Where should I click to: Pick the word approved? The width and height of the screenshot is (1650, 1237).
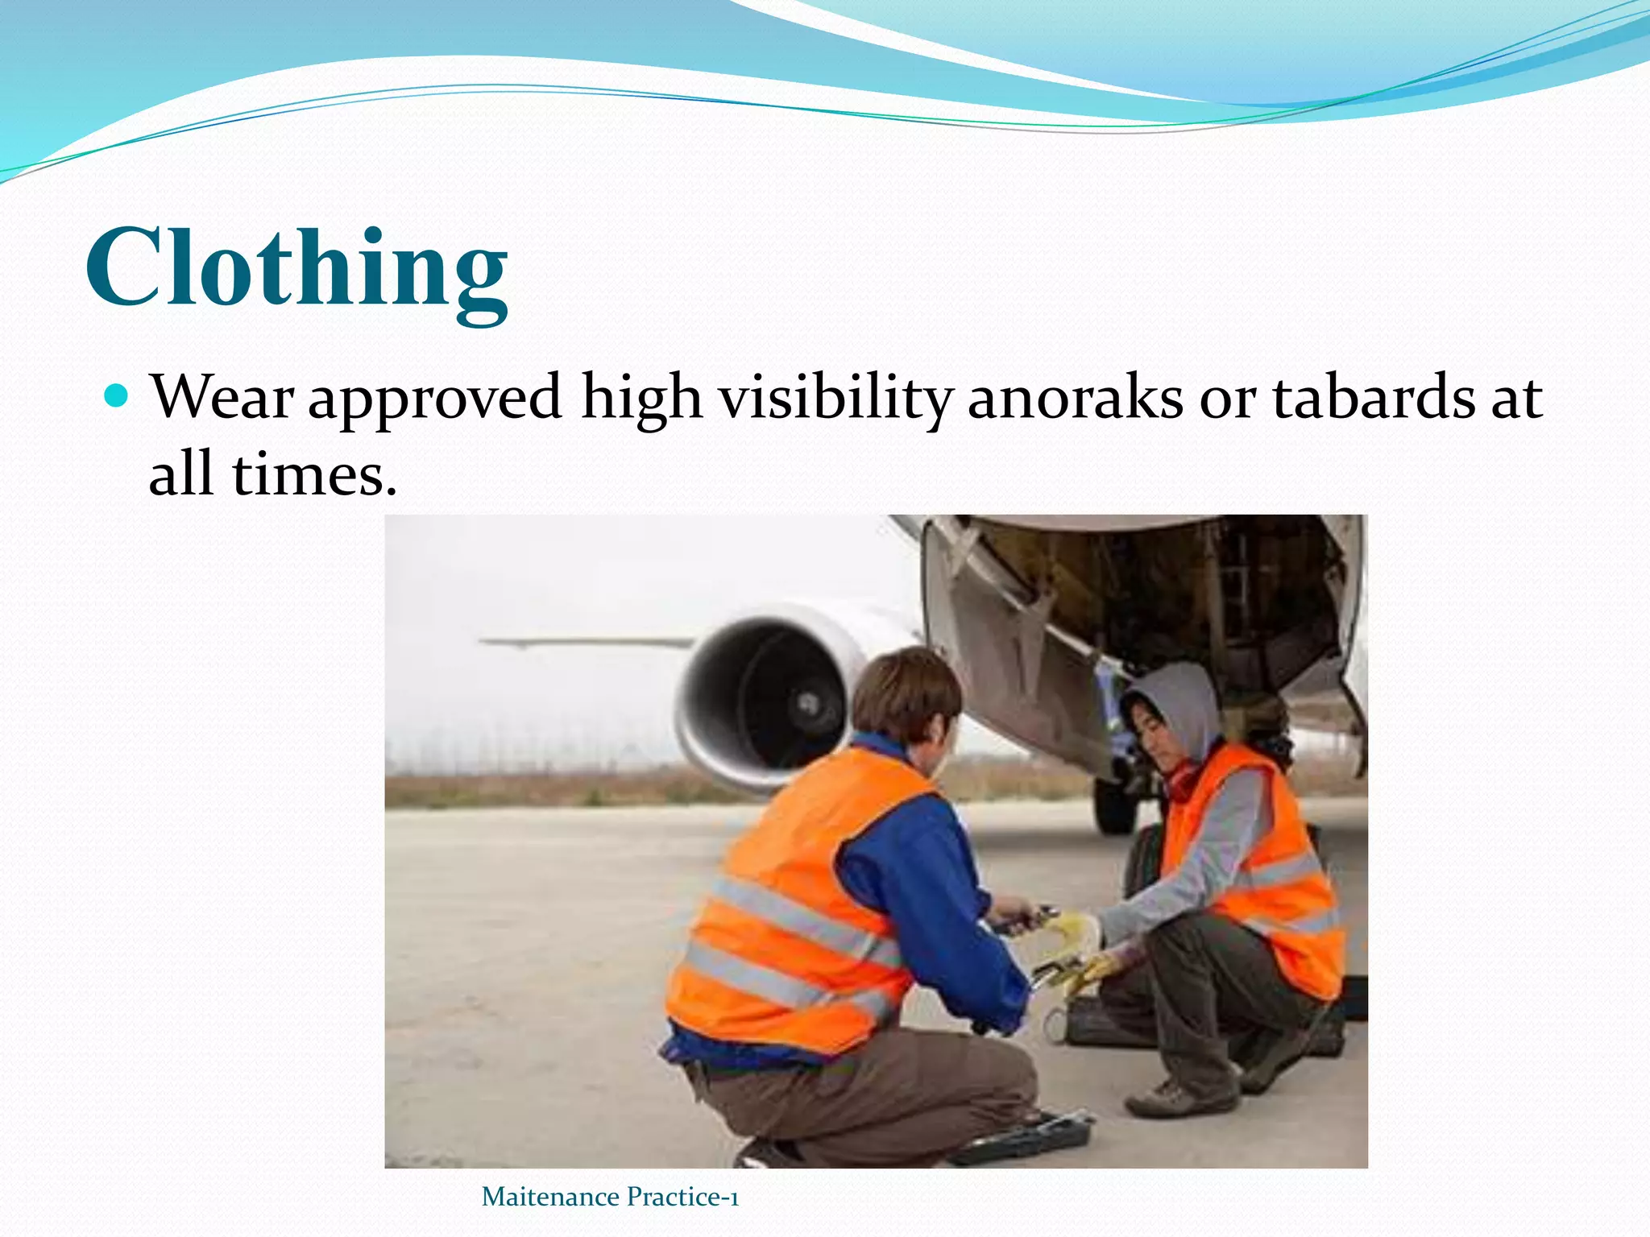(x=435, y=399)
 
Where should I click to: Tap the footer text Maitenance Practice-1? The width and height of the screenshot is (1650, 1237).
(x=610, y=1197)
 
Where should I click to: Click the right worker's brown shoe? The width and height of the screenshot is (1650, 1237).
(x=1180, y=1098)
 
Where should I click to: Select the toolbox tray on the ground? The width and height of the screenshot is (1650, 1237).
(x=1023, y=1136)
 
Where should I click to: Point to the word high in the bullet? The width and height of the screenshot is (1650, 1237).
(x=641, y=398)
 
